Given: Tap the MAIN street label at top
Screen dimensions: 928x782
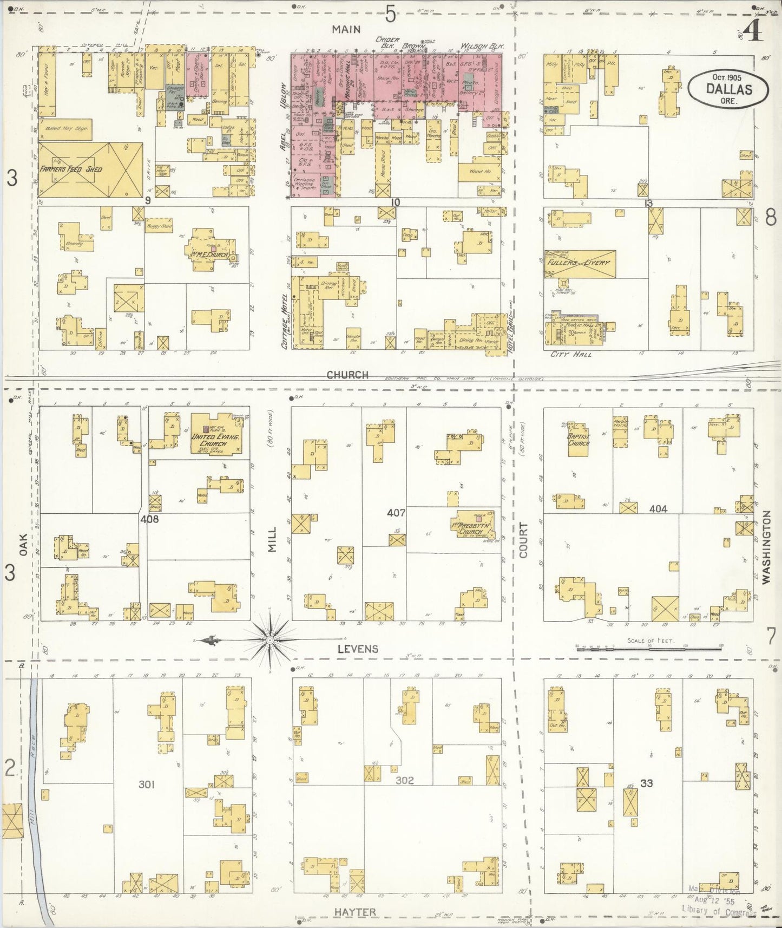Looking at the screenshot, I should coord(346,29).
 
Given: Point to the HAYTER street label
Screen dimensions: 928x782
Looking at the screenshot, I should coord(354,912).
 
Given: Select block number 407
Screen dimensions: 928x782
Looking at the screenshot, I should coord(396,511).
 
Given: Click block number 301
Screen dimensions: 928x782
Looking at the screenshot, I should coord(147,783).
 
